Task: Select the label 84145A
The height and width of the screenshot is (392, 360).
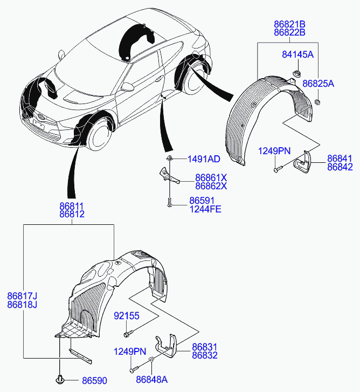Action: [x=297, y=54]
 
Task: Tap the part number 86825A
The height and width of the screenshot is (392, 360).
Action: [x=318, y=84]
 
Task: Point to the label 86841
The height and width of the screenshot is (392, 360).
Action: [x=340, y=159]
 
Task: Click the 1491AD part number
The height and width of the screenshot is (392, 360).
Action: [x=204, y=159]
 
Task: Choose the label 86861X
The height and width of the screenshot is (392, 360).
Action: [x=211, y=177]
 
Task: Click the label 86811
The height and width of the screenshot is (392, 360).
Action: [x=72, y=205]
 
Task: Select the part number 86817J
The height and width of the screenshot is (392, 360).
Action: [x=22, y=295]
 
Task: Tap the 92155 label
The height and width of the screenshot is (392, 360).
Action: [x=126, y=315]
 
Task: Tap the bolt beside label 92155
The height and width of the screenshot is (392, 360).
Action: [x=127, y=332]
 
